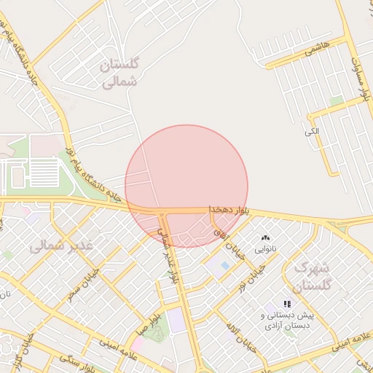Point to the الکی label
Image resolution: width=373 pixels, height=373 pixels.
pyautogui.click(x=312, y=132)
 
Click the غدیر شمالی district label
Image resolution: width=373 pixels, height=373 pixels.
pyautogui.click(x=62, y=246)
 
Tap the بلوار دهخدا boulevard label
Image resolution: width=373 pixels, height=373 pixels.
pyautogui.click(x=229, y=209)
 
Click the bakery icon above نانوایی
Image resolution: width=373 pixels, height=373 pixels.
pyautogui.click(x=264, y=238)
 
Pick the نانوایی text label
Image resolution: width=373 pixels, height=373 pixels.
pyautogui.click(x=265, y=249)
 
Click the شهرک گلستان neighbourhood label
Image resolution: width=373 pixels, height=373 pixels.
pyautogui.click(x=313, y=275)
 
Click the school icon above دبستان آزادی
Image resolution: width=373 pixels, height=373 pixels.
pyautogui.click(x=287, y=303)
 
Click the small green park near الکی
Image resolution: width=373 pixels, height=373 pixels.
pyautogui.click(x=336, y=101)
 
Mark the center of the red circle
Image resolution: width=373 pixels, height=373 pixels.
pyautogui.click(x=186, y=186)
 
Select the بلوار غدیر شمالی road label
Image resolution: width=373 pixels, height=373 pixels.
pyautogui.click(x=168, y=255)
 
